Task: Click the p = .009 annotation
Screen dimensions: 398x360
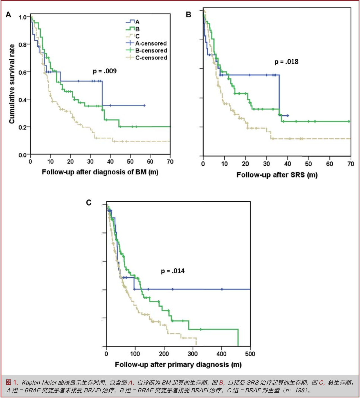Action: pos(105,71)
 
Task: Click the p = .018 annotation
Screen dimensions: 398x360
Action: pos(286,62)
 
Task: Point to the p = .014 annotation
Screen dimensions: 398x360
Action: pos(173,271)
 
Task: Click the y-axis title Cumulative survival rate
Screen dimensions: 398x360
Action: pos(12,84)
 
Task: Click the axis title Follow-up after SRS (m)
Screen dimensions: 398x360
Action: pos(277,175)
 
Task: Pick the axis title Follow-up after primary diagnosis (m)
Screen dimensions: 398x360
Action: pos(178,365)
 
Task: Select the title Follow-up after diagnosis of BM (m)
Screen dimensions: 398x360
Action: pos(100,172)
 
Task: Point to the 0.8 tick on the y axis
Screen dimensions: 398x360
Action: pos(22,45)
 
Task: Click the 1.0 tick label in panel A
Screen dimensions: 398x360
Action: pos(22,17)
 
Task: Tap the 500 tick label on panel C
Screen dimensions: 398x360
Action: pos(250,354)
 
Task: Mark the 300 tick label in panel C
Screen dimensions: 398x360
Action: pos(192,354)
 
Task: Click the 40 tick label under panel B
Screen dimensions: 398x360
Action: pos(287,164)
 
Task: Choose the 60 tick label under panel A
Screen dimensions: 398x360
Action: pos(150,161)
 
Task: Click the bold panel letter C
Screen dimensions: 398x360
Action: pos(89,203)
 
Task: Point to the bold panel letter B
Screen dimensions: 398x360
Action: pos(188,15)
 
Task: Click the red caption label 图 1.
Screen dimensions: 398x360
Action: pos(12,383)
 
